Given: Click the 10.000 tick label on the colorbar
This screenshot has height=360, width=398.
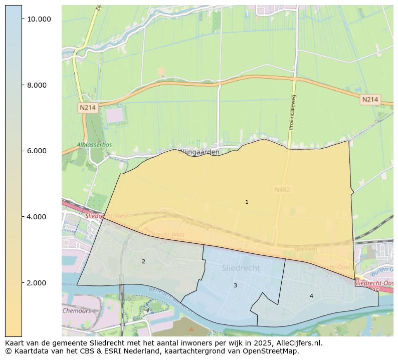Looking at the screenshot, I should coord(39,19).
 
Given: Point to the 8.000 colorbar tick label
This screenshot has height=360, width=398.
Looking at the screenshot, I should coord(36,85).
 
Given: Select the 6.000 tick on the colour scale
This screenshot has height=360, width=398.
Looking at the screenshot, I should coord(36,151).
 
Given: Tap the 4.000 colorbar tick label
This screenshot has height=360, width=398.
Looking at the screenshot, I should coord(36,217).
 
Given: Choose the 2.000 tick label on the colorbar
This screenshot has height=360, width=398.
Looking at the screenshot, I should coord(36,283).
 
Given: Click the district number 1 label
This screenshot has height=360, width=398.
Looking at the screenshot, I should coord(247,202).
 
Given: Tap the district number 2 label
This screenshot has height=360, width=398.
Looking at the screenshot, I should coord(143,261).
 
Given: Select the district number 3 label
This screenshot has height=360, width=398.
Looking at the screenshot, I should coord(235,285).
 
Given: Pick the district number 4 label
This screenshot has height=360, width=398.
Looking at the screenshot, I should coord(311,296).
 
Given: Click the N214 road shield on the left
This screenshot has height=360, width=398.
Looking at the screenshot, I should coord(88,108).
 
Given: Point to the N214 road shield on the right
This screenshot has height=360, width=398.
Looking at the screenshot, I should coord(370,100).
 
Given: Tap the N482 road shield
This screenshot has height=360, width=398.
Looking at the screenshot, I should coord(282,190).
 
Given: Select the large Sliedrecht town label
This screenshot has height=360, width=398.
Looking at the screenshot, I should coord(241,268).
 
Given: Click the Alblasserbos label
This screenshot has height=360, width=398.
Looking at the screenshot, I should coord(94,145).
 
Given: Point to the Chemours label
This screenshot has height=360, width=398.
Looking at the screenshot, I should coord(77,310).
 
